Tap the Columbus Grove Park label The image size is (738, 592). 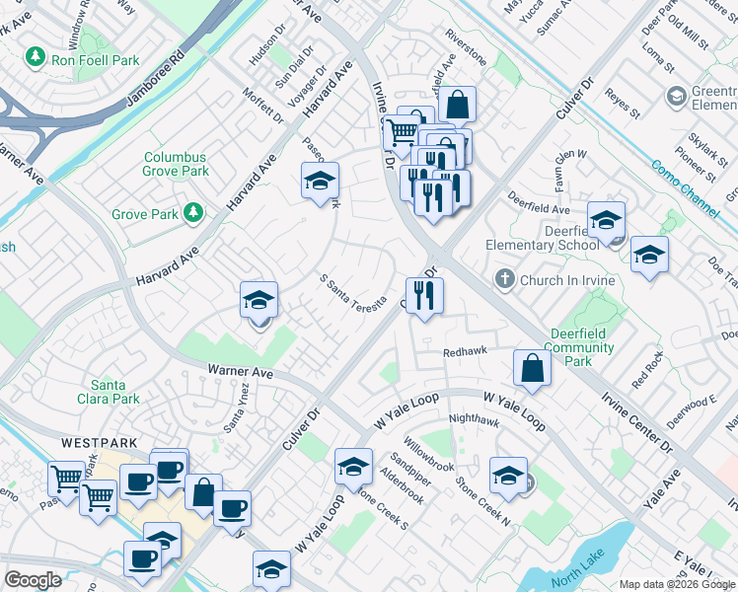[176, 164]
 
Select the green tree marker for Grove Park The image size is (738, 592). [193, 213]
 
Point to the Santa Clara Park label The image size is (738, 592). [115, 392]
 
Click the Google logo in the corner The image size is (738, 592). [33, 579]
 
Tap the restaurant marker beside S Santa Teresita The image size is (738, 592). [424, 295]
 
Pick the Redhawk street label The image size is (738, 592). [466, 351]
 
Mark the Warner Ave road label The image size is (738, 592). [240, 373]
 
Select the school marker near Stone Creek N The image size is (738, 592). [508, 475]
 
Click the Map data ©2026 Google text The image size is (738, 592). [678, 584]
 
